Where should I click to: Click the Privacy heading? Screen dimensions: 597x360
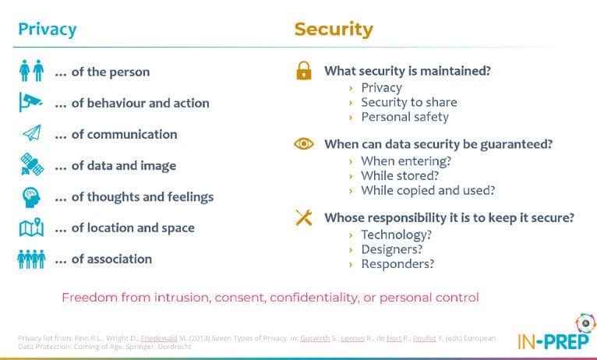pos(48,30)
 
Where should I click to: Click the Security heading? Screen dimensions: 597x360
pos(334,30)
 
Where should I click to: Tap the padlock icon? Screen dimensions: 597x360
pos(304,70)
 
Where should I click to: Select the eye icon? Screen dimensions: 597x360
pos(304,143)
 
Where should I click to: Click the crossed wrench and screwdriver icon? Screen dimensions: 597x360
pos(304,217)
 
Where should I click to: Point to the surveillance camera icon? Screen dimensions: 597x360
pos(31,102)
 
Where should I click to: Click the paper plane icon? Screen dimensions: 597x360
pos(32,133)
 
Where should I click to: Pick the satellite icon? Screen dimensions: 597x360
pos(32,164)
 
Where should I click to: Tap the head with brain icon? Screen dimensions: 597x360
pos(32,197)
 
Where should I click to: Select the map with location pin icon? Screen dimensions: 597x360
pos(32,228)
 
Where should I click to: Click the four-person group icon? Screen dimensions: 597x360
pos(31,259)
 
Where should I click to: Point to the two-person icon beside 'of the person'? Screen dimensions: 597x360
pos(31,70)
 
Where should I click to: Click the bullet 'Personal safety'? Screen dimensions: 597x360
pos(404,117)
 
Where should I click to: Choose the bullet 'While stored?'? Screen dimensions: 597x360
pos(400,175)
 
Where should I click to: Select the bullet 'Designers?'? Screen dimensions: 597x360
pos(392,249)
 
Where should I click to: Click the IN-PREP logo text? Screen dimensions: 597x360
pos(553,341)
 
